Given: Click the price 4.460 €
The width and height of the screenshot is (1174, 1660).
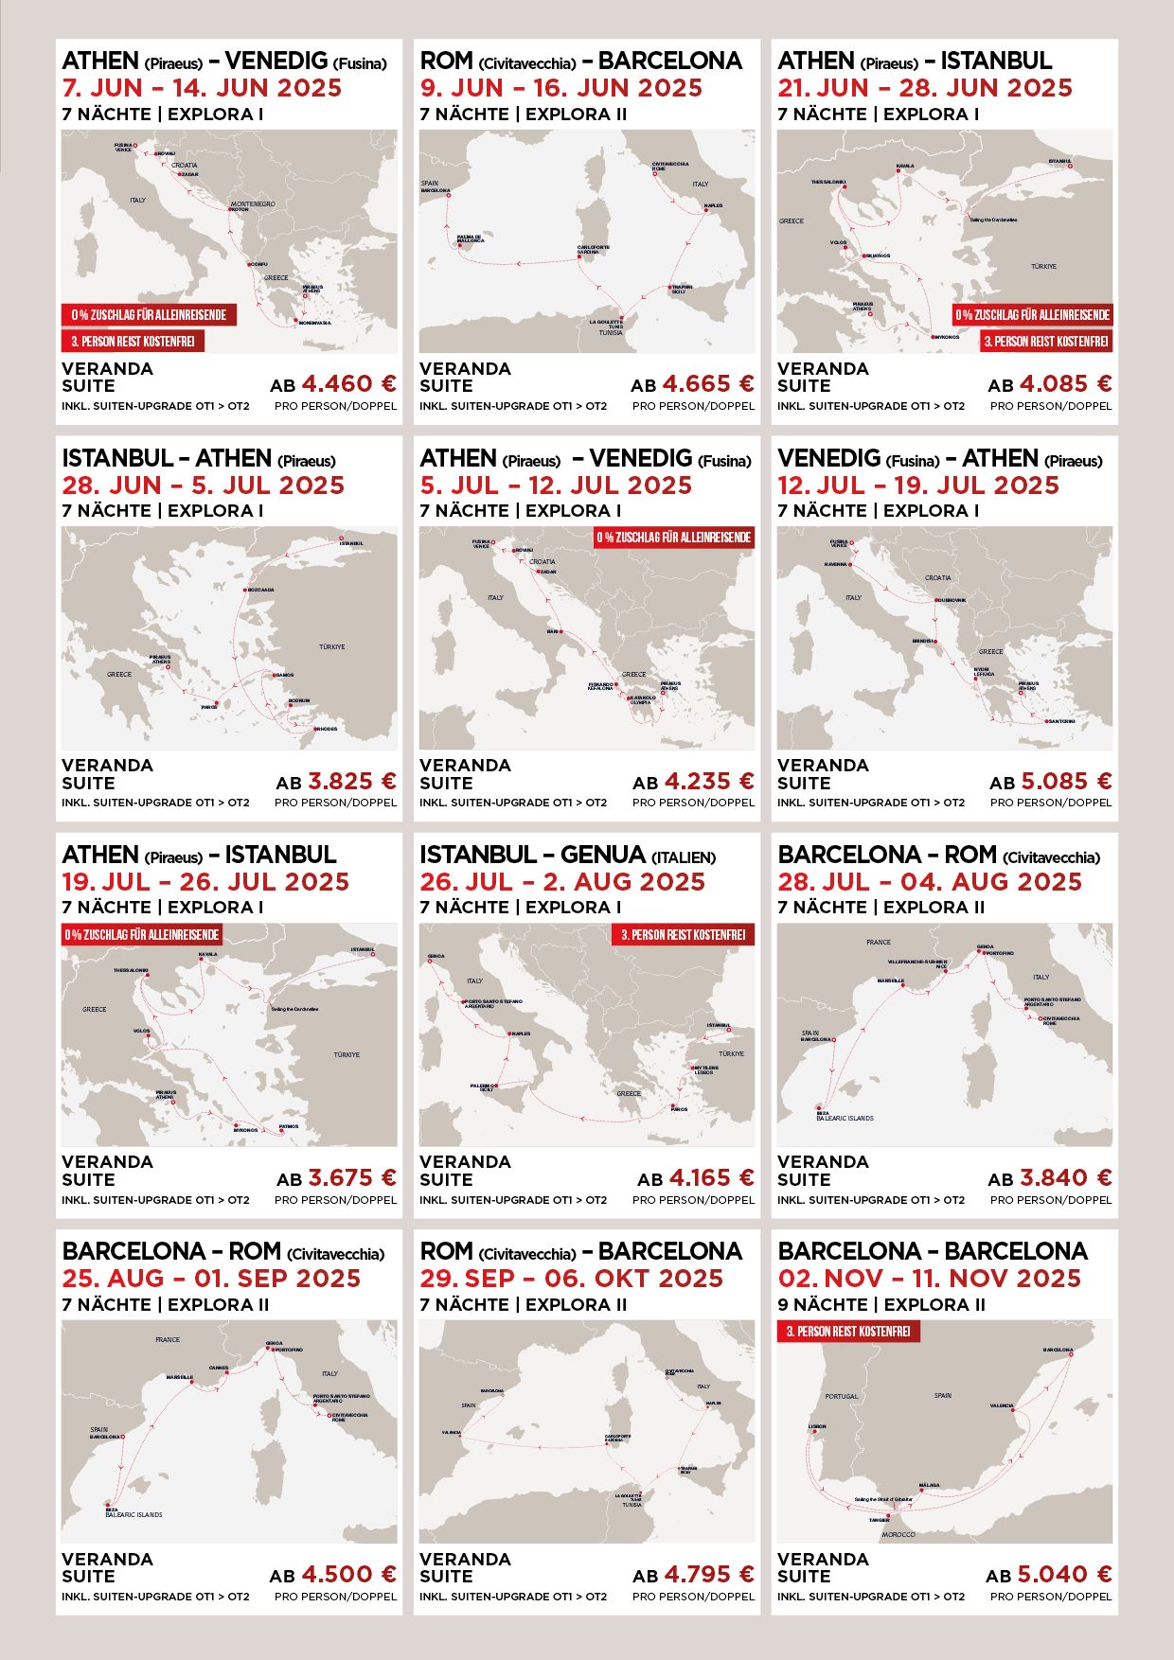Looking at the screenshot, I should (348, 384).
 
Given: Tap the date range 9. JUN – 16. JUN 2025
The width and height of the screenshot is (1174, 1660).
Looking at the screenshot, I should (560, 88).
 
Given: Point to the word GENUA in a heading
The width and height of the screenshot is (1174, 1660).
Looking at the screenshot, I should (602, 855).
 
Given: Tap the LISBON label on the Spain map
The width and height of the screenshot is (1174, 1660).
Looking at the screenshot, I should (817, 1426).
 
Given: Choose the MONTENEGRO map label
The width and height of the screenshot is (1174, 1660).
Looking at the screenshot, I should (253, 204).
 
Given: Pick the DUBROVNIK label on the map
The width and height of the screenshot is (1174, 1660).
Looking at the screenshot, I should (952, 600).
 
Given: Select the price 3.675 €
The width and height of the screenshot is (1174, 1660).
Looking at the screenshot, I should (351, 1178).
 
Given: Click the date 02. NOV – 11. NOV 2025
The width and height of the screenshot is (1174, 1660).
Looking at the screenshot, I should (929, 1279).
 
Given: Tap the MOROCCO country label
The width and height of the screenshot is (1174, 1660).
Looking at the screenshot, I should (898, 1534).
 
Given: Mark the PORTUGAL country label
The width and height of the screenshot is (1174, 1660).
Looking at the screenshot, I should (841, 1396).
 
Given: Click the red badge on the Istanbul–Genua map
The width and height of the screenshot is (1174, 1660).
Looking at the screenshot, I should (683, 935).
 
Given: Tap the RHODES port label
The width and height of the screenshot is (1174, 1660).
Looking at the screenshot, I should (327, 729).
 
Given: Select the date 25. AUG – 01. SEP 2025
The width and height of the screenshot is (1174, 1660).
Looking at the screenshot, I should (211, 1279).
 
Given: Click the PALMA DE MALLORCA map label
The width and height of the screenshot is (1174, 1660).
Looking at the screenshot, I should (471, 238).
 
